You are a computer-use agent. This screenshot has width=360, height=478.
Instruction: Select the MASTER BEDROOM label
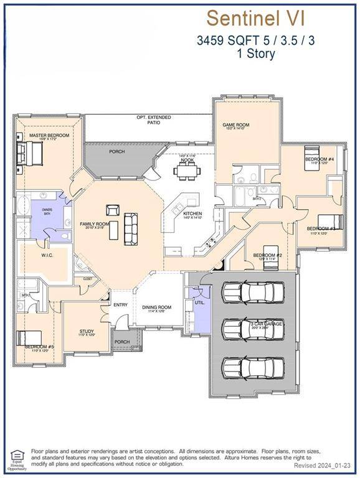[45, 135]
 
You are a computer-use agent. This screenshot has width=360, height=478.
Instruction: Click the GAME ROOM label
[236, 125]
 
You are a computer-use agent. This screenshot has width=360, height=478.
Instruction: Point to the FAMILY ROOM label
[94, 223]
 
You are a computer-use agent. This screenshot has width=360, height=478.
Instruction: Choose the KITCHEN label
[192, 213]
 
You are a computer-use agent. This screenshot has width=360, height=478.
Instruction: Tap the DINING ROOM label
[156, 307]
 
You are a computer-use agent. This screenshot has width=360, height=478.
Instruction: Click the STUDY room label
[87, 331]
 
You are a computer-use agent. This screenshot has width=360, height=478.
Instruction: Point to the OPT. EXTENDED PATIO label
[153, 120]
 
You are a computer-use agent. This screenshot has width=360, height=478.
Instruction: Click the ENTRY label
[120, 305]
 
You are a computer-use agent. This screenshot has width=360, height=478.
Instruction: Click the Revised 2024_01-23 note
[323, 466]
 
